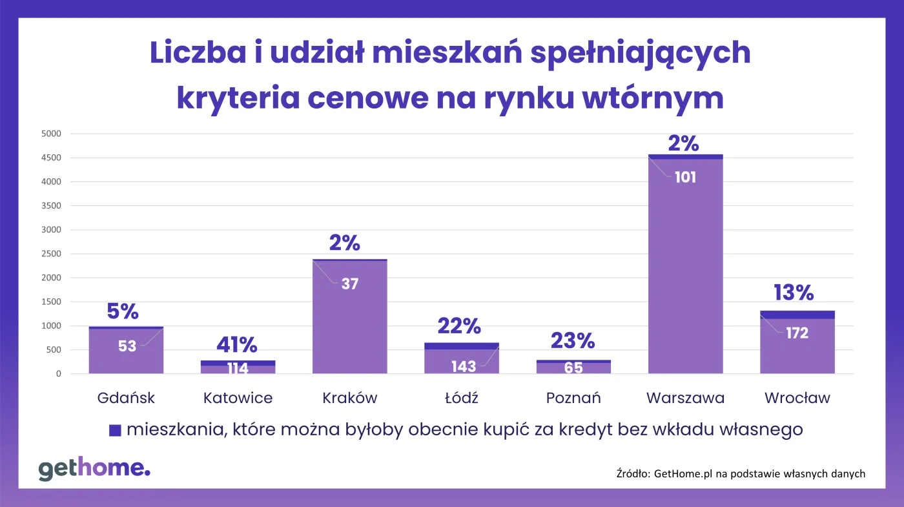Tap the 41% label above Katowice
tap(237, 346)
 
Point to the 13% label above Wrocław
tap(794, 293)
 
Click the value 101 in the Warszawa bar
tap(685, 177)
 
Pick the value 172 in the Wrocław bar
tap(797, 333)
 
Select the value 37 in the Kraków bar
tap(349, 284)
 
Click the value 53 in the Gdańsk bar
tap(127, 346)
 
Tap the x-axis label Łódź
tap(461, 398)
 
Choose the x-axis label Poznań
tap(573, 398)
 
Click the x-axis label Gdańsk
tap(126, 398)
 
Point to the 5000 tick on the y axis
tap(51, 134)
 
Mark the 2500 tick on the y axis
tap(51, 254)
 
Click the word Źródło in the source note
tap(633, 474)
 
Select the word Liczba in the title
tap(194, 54)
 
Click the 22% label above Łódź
tap(459, 327)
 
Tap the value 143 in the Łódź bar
tap(464, 367)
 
